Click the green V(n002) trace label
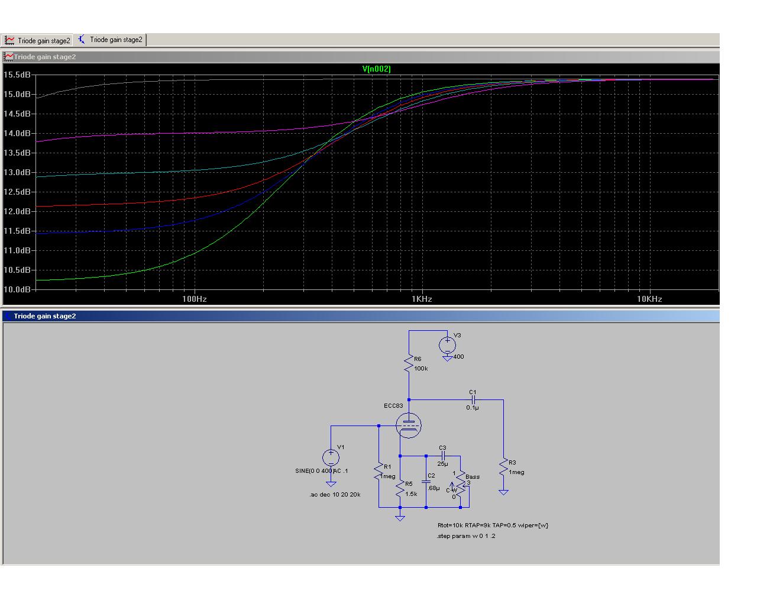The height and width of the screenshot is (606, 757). click(x=377, y=69)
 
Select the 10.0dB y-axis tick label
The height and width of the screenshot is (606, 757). click(x=17, y=289)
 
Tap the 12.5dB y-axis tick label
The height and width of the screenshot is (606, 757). click(x=17, y=192)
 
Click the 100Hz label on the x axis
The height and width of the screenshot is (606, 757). click(x=195, y=299)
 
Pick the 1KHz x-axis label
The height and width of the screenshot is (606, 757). click(x=422, y=299)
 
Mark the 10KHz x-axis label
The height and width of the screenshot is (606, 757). click(x=649, y=299)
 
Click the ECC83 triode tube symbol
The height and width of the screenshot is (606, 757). click(x=409, y=426)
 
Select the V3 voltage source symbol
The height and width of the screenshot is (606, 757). click(x=448, y=346)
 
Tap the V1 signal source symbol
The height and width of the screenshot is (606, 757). click(x=331, y=457)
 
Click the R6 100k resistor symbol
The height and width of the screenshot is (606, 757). click(x=409, y=364)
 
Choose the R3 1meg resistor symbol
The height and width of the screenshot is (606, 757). click(x=504, y=468)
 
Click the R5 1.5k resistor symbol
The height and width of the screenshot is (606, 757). click(x=400, y=489)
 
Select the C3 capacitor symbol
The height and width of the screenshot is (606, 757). click(x=443, y=456)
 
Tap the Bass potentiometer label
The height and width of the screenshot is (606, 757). click(x=473, y=477)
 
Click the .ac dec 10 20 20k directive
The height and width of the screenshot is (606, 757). click(x=335, y=495)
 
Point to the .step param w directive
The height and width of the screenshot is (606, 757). click(x=466, y=536)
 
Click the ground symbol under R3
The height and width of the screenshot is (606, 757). click(x=504, y=492)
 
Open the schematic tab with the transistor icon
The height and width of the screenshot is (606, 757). click(x=110, y=40)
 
